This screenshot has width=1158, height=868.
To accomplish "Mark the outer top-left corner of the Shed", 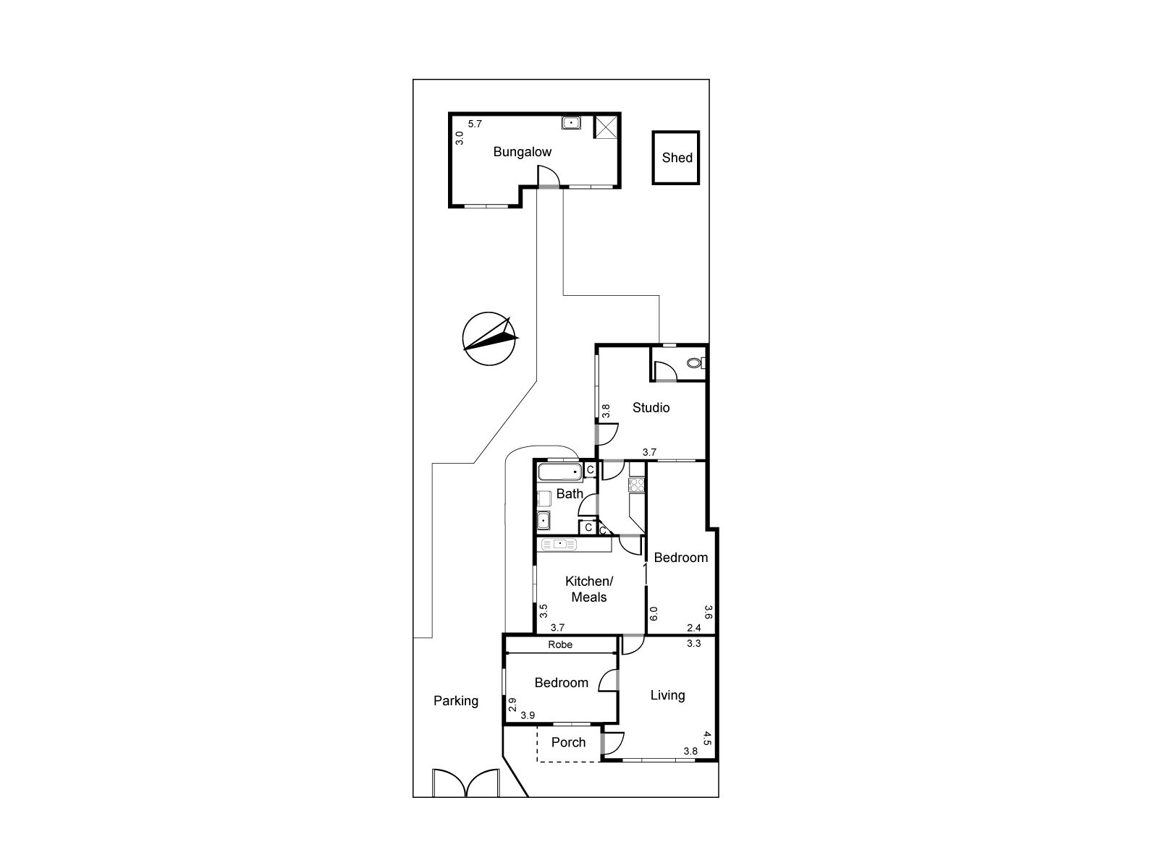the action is pyautogui.click(x=652, y=131).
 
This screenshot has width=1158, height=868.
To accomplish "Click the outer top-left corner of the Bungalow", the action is pyautogui.click(x=449, y=113).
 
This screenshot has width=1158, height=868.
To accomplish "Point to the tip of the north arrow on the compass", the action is pyautogui.click(x=510, y=318).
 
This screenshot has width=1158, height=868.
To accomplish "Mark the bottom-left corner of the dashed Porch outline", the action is pyautogui.click(x=538, y=761).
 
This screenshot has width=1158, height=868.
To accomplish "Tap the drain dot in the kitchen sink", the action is pyautogui.click(x=559, y=543).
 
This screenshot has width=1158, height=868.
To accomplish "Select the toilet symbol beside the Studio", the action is pyautogui.click(x=696, y=362).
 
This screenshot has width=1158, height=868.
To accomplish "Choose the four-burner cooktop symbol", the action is pyautogui.click(x=637, y=485).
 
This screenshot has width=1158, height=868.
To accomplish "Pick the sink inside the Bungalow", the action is pyautogui.click(x=571, y=123).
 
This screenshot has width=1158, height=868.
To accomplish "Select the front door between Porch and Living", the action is pyautogui.click(x=612, y=744).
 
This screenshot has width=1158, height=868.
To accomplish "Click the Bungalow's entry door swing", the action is pyautogui.click(x=548, y=176).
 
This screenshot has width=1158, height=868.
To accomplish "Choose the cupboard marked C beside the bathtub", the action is pyautogui.click(x=590, y=469).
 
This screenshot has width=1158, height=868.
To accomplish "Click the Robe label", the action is pyautogui.click(x=560, y=644).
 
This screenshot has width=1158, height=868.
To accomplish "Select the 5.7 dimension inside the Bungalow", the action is pyautogui.click(x=475, y=124).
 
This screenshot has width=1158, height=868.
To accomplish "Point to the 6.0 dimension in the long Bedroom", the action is pyautogui.click(x=654, y=613).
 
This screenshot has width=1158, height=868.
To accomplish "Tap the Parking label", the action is pyautogui.click(x=456, y=700).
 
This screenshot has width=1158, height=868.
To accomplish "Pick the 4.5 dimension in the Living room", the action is pyautogui.click(x=707, y=739).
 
